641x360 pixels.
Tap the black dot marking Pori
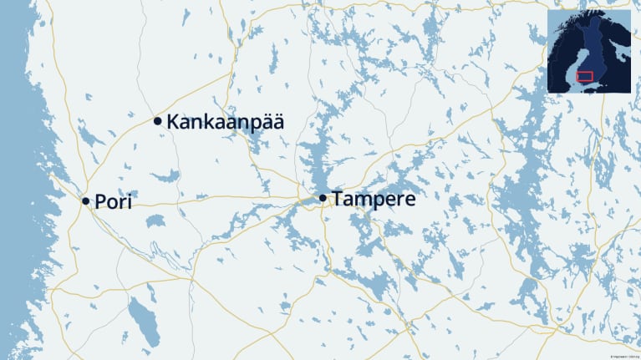click(85, 201)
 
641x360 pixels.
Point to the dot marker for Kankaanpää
click(158, 121)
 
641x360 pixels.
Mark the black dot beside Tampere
click(323, 198)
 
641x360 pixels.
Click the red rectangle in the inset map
click(585, 76)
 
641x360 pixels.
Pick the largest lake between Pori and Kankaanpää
click(168, 175)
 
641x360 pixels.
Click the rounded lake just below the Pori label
click(155, 221)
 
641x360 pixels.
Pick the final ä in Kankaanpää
click(277, 122)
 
